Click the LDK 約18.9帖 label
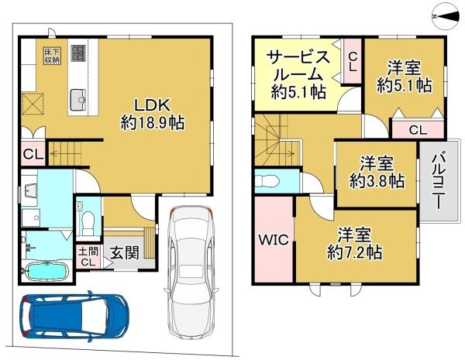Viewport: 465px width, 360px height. coord(153,114)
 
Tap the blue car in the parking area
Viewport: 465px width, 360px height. coord(74,315)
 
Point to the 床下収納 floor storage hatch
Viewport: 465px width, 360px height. coord(52,56)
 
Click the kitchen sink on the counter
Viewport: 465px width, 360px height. coord(78,100)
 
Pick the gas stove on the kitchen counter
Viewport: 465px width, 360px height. coord(78,53)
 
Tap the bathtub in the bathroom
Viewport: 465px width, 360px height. coord(47,272)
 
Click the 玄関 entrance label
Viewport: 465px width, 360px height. coord(125,253)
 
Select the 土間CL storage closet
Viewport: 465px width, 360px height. coord(88,257)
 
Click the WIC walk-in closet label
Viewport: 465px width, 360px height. coord(274,239)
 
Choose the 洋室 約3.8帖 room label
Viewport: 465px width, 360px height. coord(377,172)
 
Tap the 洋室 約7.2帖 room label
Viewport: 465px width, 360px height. coord(355,243)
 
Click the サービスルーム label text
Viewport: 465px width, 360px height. coord(298,67)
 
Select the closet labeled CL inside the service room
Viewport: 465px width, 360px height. coord(352,61)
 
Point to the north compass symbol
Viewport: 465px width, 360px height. coord(446,16)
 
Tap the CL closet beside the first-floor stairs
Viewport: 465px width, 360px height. coord(33,153)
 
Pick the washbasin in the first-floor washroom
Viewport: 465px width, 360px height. coord(29,190)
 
